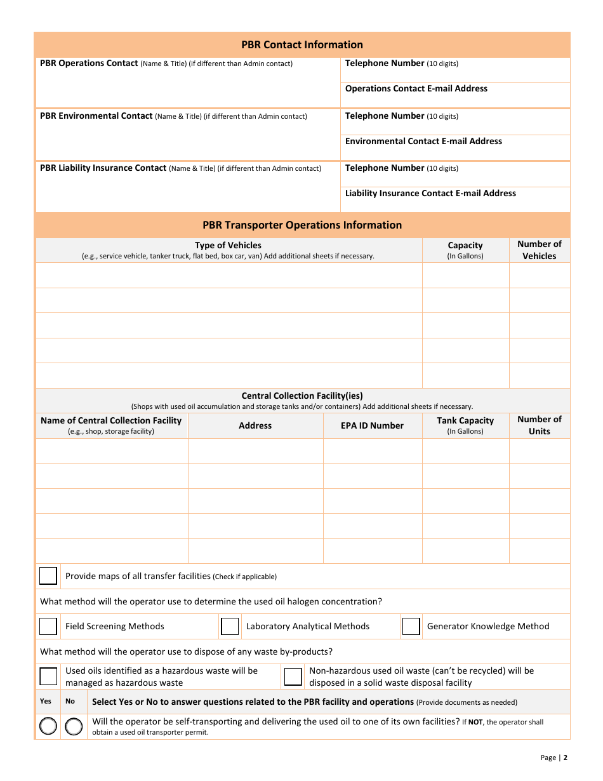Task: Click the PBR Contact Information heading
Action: point(302,44)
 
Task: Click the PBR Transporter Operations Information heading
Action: point(302,225)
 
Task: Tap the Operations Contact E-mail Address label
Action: point(416,89)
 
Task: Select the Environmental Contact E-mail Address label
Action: point(423,141)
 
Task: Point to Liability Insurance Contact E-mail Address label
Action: point(430,193)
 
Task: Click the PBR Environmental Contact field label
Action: point(96,116)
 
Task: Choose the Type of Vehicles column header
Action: point(228,246)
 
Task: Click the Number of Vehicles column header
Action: point(540,250)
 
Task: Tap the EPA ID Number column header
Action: point(372,425)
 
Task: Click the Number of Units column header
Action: point(540,425)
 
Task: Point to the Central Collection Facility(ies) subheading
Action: point(302,396)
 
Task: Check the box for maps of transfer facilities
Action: point(48,576)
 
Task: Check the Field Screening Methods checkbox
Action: point(48,627)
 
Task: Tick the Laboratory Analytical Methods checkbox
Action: point(230,627)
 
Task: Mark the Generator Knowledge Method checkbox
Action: point(411,627)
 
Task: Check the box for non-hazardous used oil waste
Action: point(293,677)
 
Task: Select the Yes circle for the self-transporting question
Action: point(48,726)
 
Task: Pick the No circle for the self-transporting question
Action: point(74,726)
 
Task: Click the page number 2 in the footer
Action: point(565,758)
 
